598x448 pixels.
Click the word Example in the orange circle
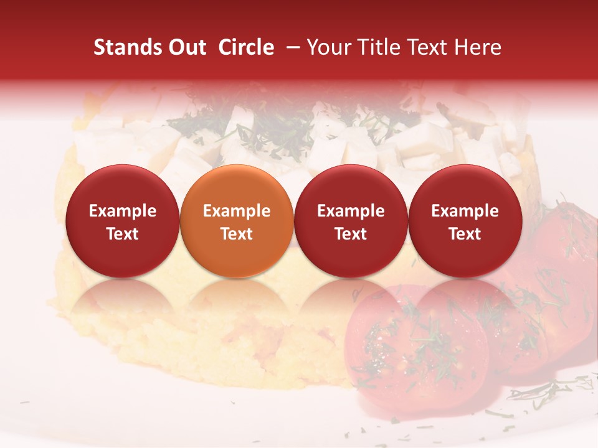pyautogui.click(x=237, y=211)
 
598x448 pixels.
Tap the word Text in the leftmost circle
pyautogui.click(x=122, y=234)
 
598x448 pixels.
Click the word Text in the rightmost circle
pyautogui.click(x=465, y=234)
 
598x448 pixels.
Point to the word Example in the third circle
pyautogui.click(x=351, y=211)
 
